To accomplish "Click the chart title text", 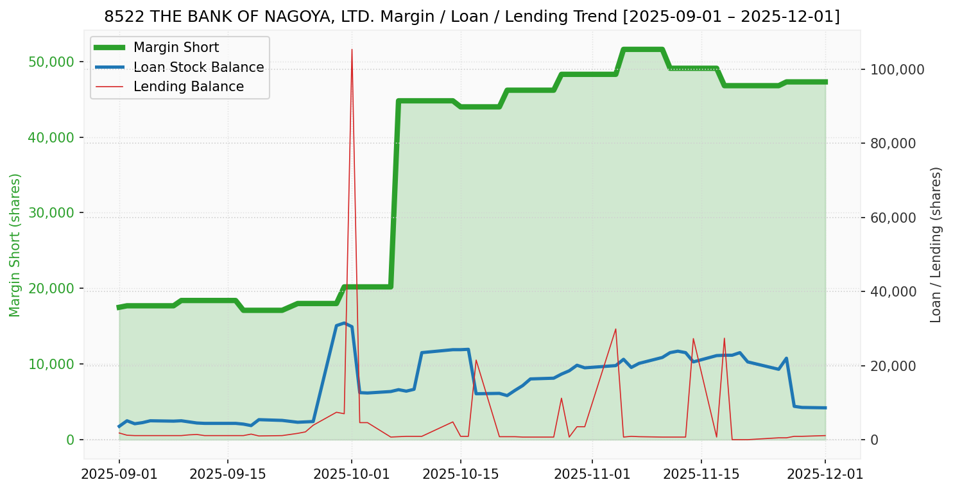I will coord(472,17).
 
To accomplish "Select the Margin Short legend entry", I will coord(176,47).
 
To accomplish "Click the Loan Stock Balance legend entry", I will coord(198,67).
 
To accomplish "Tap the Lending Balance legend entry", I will coord(188,87).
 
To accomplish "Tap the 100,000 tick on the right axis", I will coord(897,69).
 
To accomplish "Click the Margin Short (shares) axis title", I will coord(15,245).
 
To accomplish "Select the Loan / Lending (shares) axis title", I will coord(936,245).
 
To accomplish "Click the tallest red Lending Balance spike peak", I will coord(352,49).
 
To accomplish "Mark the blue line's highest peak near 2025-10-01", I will coord(344,323).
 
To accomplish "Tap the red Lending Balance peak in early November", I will coord(615,329).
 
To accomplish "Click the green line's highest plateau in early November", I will coord(642,49).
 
